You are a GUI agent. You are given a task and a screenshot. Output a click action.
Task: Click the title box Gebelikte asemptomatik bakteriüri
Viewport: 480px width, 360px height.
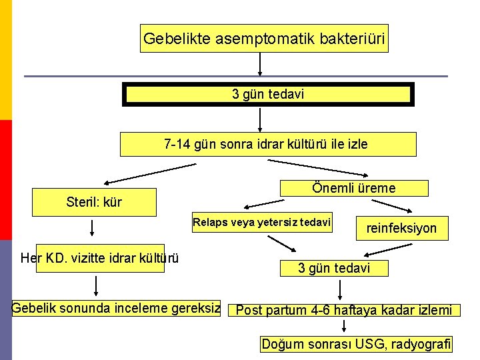click(x=265, y=39)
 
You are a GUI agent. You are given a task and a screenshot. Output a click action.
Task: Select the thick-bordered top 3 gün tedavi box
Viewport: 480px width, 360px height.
click(x=268, y=94)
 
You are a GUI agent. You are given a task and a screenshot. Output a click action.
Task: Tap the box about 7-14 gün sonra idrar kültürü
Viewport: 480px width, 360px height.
click(x=267, y=144)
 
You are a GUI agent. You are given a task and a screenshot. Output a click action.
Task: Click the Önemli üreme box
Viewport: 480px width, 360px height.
click(x=354, y=189)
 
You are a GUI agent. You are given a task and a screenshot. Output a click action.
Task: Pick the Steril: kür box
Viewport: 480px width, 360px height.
click(x=95, y=202)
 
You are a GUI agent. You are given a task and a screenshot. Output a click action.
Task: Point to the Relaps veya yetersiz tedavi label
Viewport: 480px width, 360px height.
click(x=261, y=222)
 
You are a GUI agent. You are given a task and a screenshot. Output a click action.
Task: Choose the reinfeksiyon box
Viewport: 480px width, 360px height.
click(x=402, y=229)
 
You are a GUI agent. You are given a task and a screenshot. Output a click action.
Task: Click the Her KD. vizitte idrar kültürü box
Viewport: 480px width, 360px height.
click(x=100, y=258)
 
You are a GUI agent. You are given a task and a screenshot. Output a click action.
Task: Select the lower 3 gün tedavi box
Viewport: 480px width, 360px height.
click(x=333, y=268)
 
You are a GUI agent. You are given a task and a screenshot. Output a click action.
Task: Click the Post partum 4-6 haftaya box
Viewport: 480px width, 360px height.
click(x=344, y=310)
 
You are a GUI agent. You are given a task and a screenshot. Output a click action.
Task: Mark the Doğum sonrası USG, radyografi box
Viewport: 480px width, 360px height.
click(x=356, y=344)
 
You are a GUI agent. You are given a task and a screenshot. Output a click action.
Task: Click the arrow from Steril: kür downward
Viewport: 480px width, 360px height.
click(x=92, y=229)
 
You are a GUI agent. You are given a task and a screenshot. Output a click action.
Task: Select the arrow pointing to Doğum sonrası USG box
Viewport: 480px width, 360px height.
click(x=345, y=326)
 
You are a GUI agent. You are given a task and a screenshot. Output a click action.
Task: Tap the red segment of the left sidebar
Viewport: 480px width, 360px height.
click(x=5, y=180)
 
